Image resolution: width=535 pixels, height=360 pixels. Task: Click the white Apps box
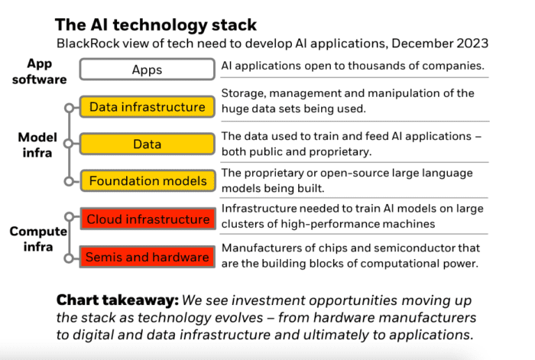click(147, 70)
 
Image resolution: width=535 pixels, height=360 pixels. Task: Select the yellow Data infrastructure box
click(147, 107)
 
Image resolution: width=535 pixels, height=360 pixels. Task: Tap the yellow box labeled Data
click(147, 144)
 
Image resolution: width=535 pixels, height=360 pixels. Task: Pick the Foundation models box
click(147, 181)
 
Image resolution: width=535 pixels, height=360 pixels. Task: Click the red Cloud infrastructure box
click(147, 219)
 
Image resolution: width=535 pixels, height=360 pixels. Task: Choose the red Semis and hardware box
click(147, 257)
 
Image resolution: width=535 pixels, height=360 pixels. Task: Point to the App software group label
click(37, 70)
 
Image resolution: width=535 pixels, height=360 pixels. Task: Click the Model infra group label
click(37, 144)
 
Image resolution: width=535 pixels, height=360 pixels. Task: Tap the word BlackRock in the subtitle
click(91, 44)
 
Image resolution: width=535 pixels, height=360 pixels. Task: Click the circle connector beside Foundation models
click(70, 181)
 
